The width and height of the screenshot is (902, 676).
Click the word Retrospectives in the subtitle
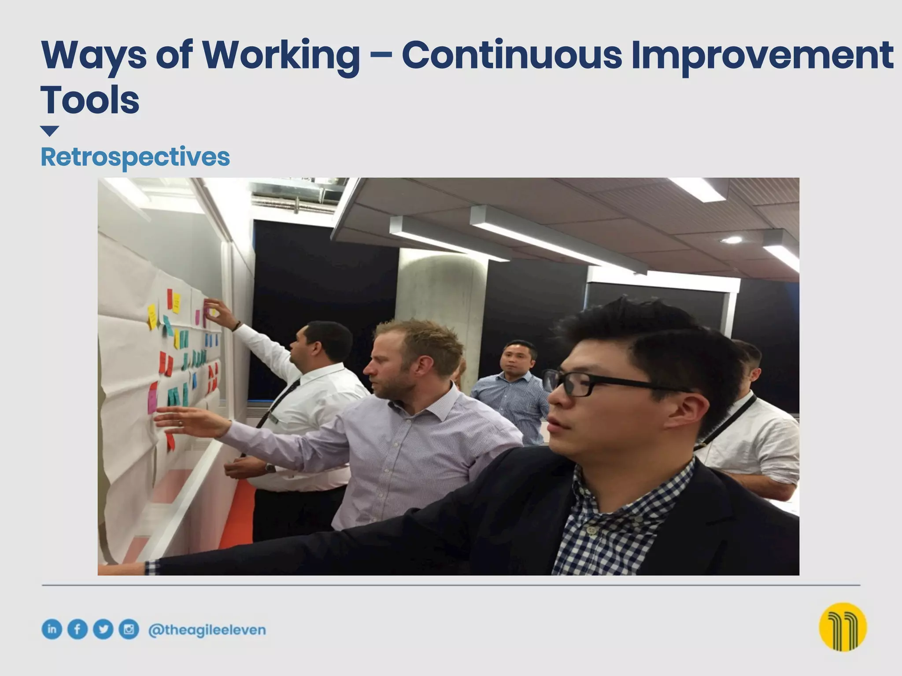[135, 157]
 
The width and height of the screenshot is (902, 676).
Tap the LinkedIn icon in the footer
[52, 629]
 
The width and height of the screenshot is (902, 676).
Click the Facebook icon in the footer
[78, 629]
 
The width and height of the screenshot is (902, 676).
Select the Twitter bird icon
[104, 629]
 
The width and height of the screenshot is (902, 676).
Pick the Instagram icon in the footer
[129, 629]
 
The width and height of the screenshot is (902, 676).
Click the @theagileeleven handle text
[207, 630]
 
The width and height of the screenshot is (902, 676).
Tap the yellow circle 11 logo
[843, 627]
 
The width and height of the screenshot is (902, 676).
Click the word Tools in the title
[90, 100]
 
